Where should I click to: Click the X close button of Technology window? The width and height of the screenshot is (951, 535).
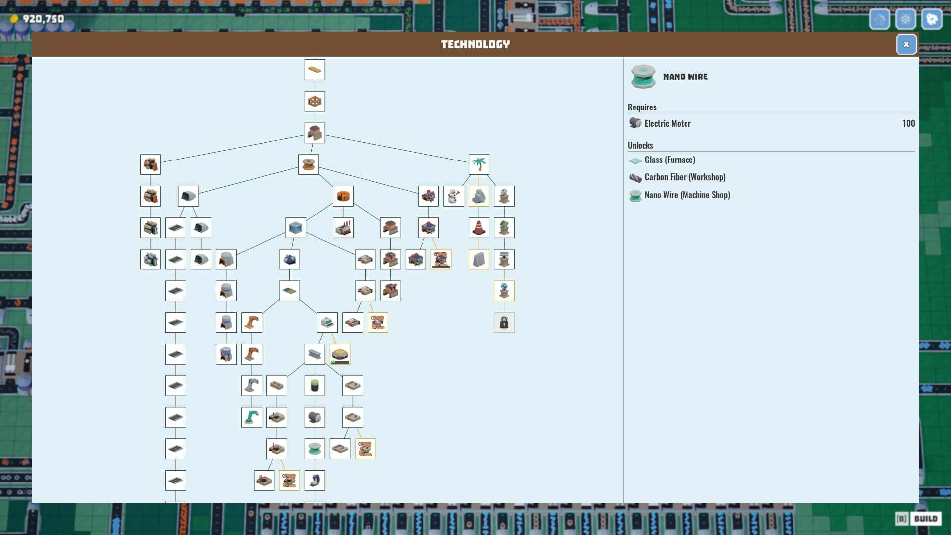click(x=906, y=44)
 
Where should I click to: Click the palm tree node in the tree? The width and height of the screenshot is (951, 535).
click(x=479, y=164)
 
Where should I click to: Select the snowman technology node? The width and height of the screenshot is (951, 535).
click(x=454, y=196)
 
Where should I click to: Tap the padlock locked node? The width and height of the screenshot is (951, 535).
click(x=504, y=322)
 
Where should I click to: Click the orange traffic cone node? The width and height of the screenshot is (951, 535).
click(x=479, y=228)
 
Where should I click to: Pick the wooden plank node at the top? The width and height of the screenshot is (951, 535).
click(x=315, y=70)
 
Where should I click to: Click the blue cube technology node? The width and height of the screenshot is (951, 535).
click(x=296, y=228)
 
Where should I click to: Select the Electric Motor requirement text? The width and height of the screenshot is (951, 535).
click(x=667, y=123)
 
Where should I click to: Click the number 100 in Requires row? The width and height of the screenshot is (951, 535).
click(x=908, y=123)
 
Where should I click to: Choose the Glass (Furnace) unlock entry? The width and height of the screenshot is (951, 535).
click(x=670, y=160)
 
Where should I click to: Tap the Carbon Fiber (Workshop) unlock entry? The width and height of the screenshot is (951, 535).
click(x=685, y=177)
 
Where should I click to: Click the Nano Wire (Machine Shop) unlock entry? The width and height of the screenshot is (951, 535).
click(x=687, y=195)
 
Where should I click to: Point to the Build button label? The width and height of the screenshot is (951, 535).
click(x=926, y=519)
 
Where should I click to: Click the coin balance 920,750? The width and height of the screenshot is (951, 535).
click(x=44, y=19)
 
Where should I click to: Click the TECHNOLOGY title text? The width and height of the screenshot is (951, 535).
click(x=475, y=44)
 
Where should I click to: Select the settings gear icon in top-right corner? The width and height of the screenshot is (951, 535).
click(x=905, y=19)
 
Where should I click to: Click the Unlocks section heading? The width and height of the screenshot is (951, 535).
click(x=640, y=145)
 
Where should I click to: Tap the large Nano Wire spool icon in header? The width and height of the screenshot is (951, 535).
click(x=643, y=77)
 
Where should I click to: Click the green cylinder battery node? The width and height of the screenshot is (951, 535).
click(x=315, y=385)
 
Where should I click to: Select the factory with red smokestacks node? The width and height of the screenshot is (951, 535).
click(x=343, y=228)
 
